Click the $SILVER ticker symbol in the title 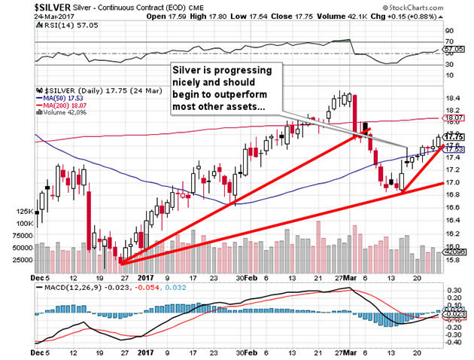click(x=25, y=6)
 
